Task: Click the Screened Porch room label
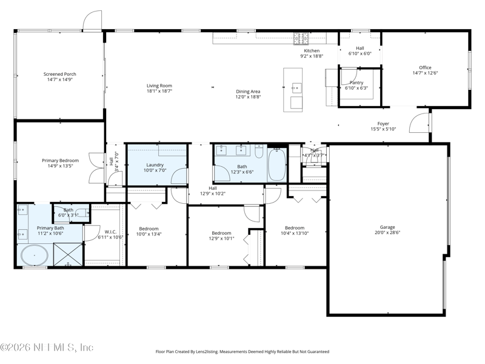pyautogui.click(x=59, y=74)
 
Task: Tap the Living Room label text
pyautogui.click(x=159, y=86)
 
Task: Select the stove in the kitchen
pyautogui.click(x=301, y=39)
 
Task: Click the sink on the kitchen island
pyautogui.click(x=297, y=88)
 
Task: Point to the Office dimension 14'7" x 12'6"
pyautogui.click(x=426, y=73)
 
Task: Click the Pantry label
pyautogui.click(x=356, y=83)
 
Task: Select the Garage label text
pyautogui.click(x=387, y=227)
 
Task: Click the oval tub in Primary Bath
pyautogui.click(x=35, y=255)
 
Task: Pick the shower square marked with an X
pyautogui.click(x=68, y=254)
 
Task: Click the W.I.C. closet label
pyautogui.click(x=110, y=232)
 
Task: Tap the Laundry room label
pyautogui.click(x=155, y=165)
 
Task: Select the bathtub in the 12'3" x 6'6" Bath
pyautogui.click(x=277, y=164)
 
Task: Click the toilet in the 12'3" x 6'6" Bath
pyautogui.click(x=259, y=151)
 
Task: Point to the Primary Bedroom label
pyautogui.click(x=60, y=160)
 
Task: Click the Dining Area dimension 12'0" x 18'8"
pyautogui.click(x=248, y=97)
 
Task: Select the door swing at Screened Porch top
pyautogui.click(x=92, y=21)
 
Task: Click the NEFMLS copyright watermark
pyautogui.click(x=47, y=347)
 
